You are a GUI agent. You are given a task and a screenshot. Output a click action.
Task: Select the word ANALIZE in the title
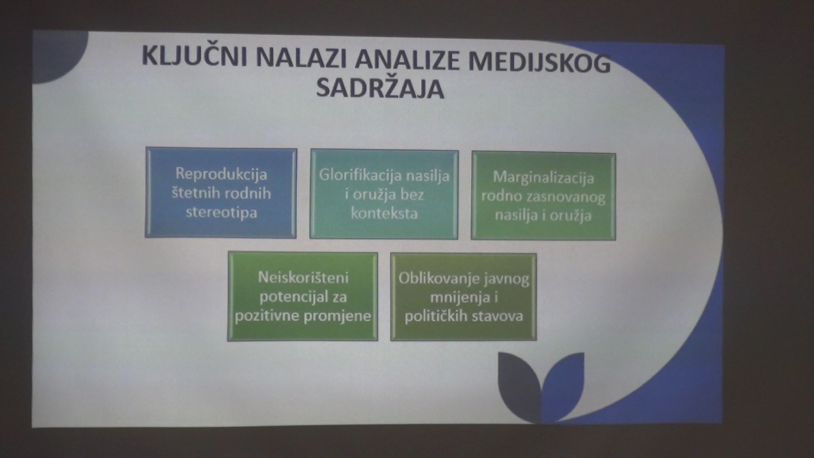click(407, 60)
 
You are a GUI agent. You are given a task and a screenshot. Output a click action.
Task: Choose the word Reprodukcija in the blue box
click(221, 174)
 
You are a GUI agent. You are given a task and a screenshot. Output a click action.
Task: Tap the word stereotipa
click(221, 212)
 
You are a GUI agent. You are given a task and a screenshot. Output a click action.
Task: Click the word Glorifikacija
click(358, 175)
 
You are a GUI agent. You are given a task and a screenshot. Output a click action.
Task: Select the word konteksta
click(384, 213)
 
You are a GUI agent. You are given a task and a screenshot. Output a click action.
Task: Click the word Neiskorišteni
click(303, 278)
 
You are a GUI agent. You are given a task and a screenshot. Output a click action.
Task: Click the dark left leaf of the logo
click(518, 382)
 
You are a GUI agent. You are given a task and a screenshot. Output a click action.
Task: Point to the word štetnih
click(194, 193)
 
